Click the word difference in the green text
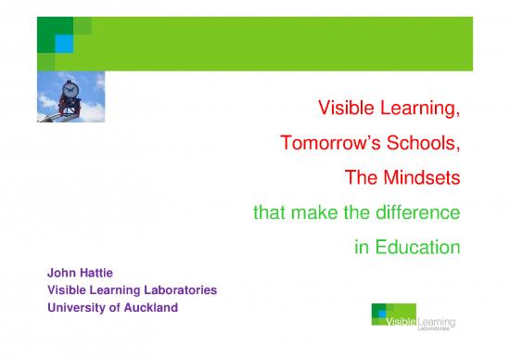(x=415, y=212)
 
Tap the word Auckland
(x=143, y=308)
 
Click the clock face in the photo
(x=70, y=93)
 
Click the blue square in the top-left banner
(x=66, y=42)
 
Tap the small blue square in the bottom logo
(x=383, y=314)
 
